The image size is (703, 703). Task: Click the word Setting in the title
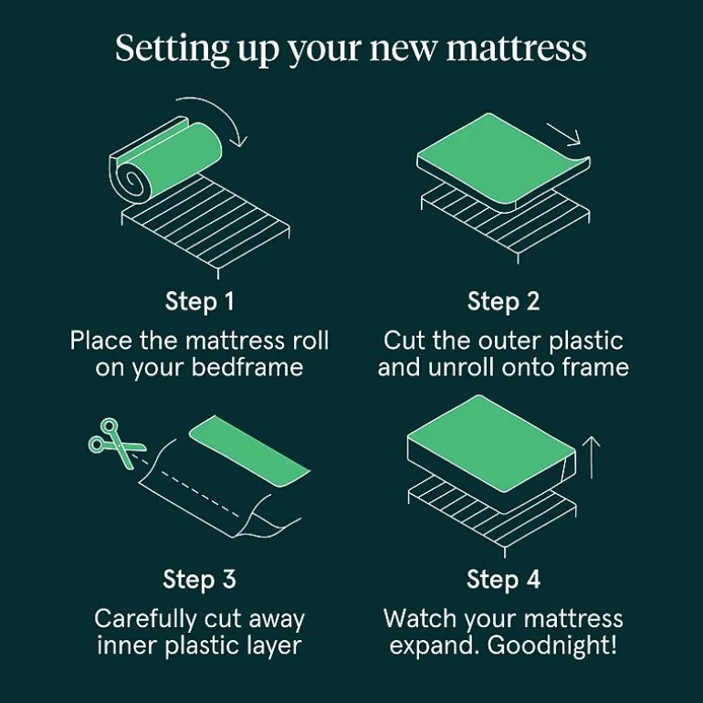173,48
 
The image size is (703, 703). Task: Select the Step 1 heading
200,301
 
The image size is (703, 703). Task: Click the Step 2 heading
503,301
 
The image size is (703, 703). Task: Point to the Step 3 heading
200,579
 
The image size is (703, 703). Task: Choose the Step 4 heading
503,579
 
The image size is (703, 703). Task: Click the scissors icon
115,443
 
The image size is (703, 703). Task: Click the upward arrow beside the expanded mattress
592,457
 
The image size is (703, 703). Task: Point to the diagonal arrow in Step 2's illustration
564,134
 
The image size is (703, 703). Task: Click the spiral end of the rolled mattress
131,180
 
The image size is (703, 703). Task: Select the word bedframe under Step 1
247,368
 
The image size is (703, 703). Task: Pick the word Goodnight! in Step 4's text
552,646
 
